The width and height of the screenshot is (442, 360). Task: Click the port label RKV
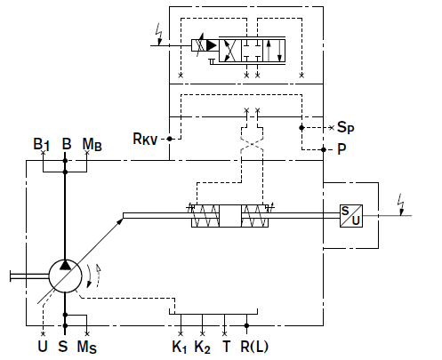click(145, 139)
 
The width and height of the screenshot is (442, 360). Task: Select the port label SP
click(346, 127)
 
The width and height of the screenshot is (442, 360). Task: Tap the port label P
click(342, 149)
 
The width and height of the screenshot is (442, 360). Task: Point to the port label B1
click(42, 145)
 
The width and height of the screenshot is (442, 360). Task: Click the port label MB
click(92, 145)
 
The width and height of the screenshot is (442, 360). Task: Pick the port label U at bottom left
click(43, 346)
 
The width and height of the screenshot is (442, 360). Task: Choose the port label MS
click(87, 347)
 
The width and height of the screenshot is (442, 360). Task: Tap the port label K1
click(180, 347)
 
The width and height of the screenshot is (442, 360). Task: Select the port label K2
click(202, 347)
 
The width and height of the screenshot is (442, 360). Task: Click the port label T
click(226, 346)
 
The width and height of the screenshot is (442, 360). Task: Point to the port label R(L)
click(254, 347)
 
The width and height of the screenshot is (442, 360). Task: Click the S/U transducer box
click(351, 216)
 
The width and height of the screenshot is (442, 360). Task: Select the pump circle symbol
click(65, 276)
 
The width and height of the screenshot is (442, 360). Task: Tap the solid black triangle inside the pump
click(65, 265)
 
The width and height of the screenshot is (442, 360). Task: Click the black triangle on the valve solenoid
click(212, 45)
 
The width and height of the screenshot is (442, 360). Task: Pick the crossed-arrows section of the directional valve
click(230, 50)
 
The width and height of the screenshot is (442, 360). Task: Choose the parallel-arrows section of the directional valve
click(274, 50)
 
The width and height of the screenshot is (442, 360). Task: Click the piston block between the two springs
click(230, 216)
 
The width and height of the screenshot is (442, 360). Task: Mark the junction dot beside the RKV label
click(169, 139)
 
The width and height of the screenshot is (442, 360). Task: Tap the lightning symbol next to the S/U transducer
click(401, 204)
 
